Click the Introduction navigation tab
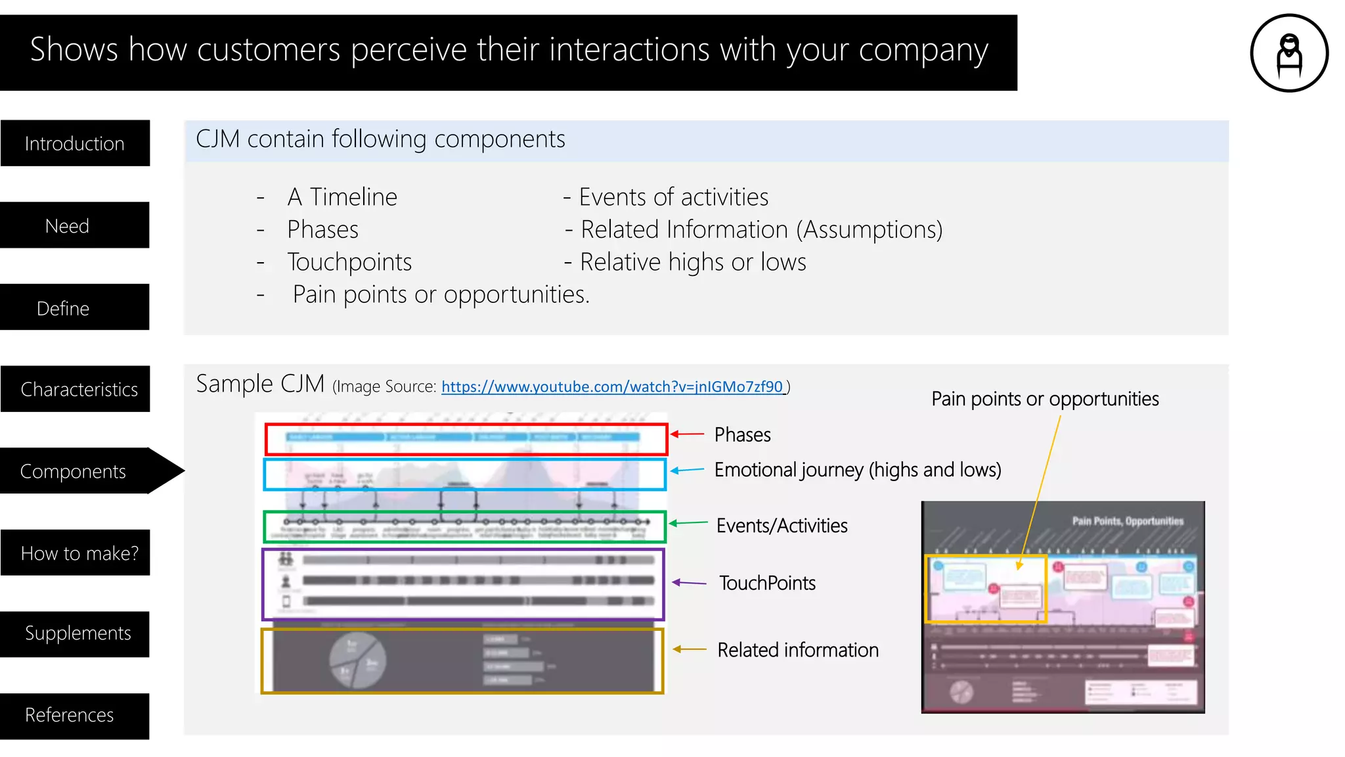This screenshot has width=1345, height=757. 75,143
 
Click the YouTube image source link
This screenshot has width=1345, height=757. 612,387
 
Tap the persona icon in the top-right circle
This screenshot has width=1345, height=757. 1289,54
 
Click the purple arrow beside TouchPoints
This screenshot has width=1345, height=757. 689,583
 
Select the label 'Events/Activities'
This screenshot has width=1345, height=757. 782,526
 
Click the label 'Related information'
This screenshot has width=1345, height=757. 797,650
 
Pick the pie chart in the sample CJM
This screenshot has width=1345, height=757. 357,660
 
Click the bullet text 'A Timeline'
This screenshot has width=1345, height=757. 342,197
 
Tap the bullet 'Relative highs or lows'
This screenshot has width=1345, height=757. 692,262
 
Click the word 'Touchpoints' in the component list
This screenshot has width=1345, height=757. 349,262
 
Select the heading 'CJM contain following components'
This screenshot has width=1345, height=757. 380,139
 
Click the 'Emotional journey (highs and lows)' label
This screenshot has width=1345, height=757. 857,470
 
